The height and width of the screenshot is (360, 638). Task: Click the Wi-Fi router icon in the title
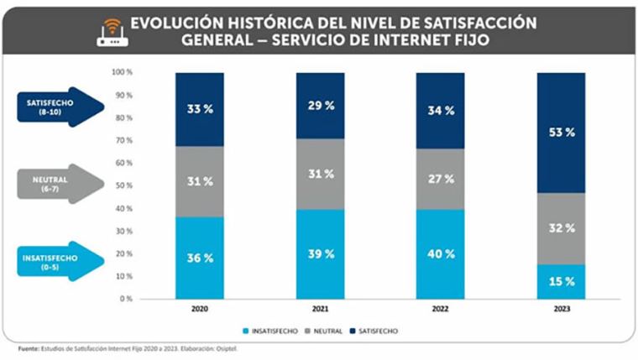[x=111, y=31]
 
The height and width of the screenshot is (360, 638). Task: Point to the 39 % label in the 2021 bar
[x=321, y=253]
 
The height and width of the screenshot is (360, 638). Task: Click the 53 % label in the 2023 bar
[x=562, y=133]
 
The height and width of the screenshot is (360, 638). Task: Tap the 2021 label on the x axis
[x=321, y=309]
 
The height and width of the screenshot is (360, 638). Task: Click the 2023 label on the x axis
[x=562, y=309]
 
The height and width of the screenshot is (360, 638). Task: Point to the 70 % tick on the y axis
[x=123, y=140]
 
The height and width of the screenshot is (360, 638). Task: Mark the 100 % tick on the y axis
[x=123, y=72]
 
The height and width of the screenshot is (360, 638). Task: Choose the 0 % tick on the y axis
[x=126, y=299]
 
